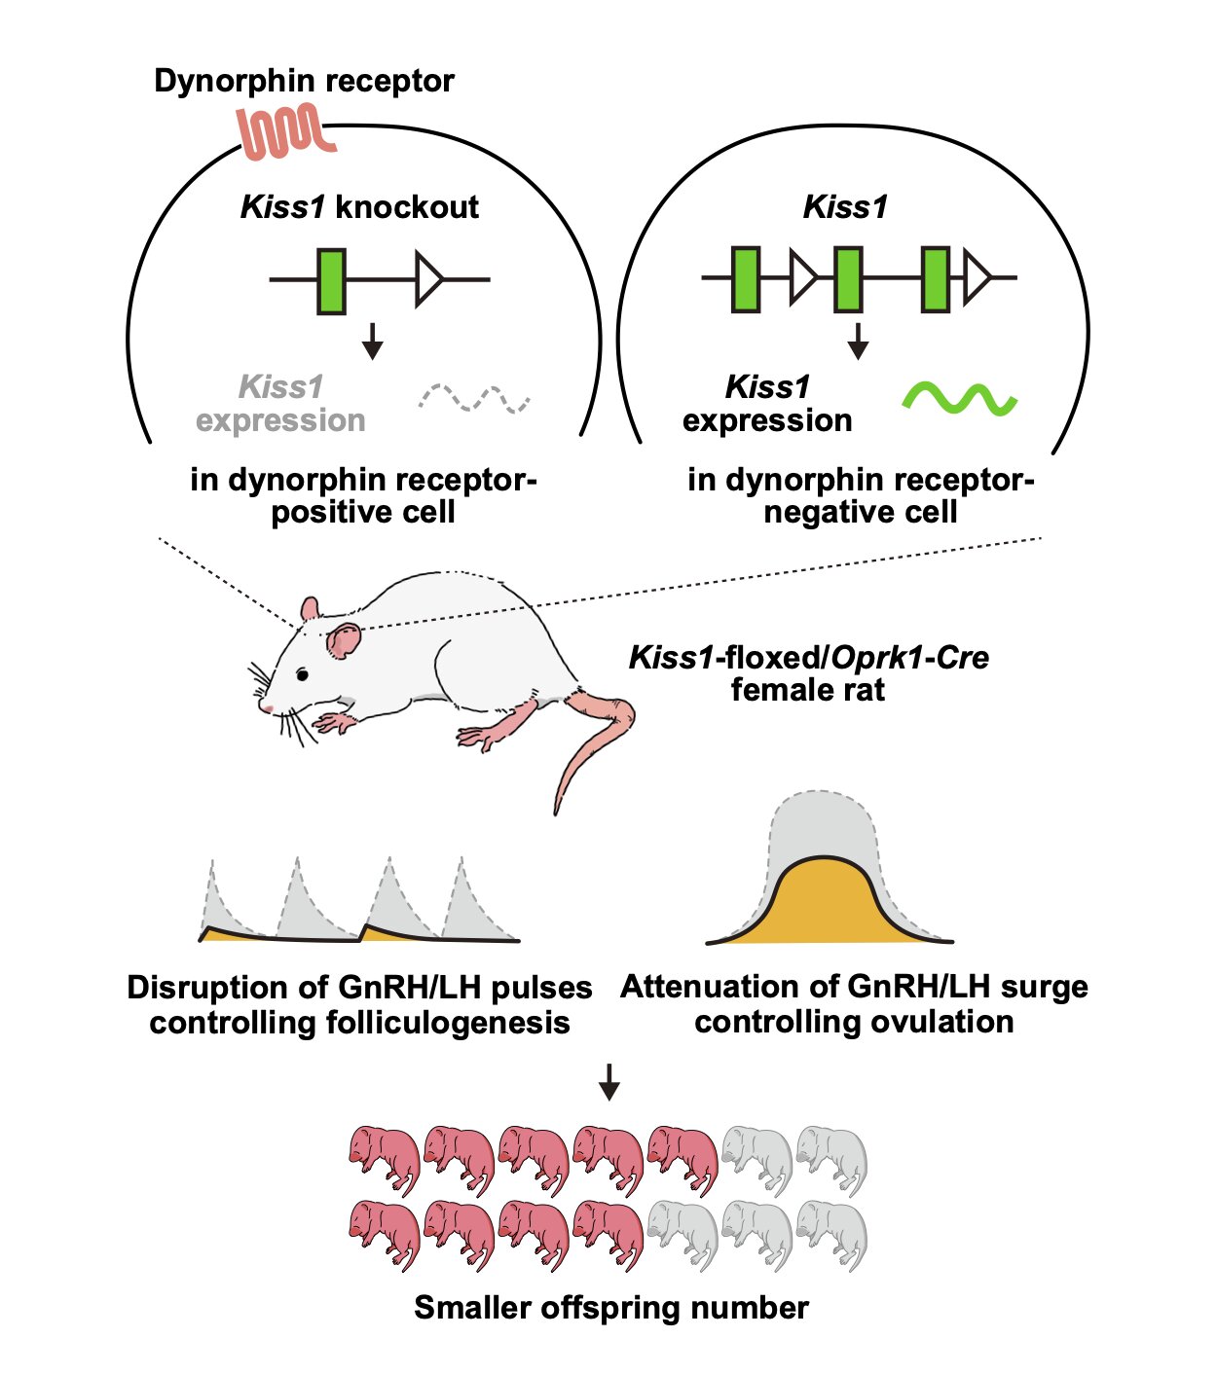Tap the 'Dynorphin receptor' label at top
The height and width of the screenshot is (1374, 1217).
304,82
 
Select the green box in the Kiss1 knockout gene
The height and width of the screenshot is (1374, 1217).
331,281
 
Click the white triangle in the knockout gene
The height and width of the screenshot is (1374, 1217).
429,278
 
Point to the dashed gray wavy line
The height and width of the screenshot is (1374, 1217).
474,398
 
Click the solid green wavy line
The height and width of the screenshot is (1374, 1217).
959,398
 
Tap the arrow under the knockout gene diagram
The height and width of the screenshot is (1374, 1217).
372,342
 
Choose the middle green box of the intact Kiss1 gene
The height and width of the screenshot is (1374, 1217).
848,278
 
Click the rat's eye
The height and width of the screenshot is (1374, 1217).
302,674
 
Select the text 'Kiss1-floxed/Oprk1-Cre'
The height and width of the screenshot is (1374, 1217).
808,657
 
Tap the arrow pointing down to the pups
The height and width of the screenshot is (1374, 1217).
608,1082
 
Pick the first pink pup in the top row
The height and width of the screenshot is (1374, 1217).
385,1160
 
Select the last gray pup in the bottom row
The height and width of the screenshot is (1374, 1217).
831,1235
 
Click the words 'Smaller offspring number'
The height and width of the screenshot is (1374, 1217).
610,1307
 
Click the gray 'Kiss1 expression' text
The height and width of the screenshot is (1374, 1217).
280,404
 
